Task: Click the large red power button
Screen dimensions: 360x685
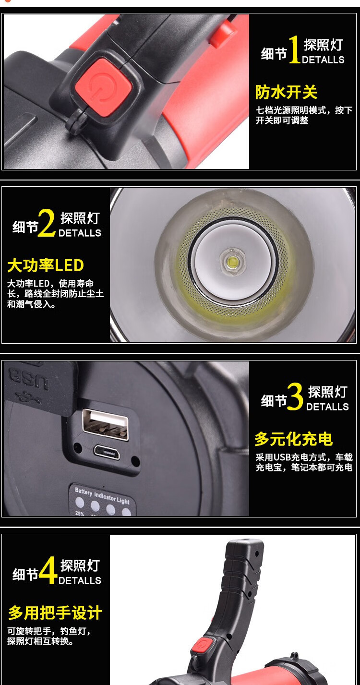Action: coord(104,87)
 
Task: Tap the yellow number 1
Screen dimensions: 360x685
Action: coord(295,49)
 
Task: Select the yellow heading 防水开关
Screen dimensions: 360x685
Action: coord(286,92)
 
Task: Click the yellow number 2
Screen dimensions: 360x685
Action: coord(46,223)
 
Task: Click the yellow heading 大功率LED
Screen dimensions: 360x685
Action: coord(45,265)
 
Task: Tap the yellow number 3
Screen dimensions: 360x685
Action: coord(295,397)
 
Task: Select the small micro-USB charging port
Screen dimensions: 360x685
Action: coord(107,452)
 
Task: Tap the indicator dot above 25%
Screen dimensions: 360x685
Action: coord(80,502)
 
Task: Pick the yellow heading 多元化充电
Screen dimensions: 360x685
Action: coord(294,439)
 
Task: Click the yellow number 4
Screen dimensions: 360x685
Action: coord(48,570)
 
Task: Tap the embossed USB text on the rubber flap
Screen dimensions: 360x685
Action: coord(28,378)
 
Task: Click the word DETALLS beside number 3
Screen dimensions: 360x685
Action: coord(327,407)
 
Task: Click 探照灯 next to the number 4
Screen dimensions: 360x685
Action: coord(80,565)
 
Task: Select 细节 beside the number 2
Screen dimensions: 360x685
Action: coord(25,227)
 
